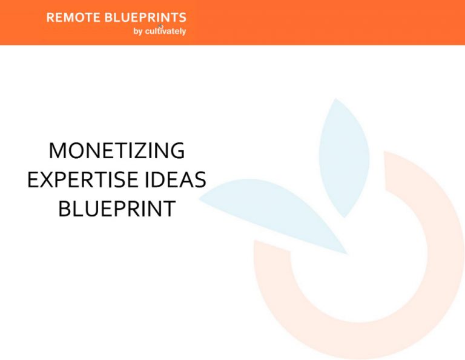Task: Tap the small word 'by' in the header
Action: (137, 32)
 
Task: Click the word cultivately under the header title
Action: (165, 32)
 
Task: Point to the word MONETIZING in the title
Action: (117, 151)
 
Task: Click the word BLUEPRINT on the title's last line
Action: (117, 209)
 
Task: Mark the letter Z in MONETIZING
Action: (145, 151)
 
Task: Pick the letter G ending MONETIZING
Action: (176, 151)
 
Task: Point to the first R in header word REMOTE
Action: (50, 18)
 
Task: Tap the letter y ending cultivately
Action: (183, 32)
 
